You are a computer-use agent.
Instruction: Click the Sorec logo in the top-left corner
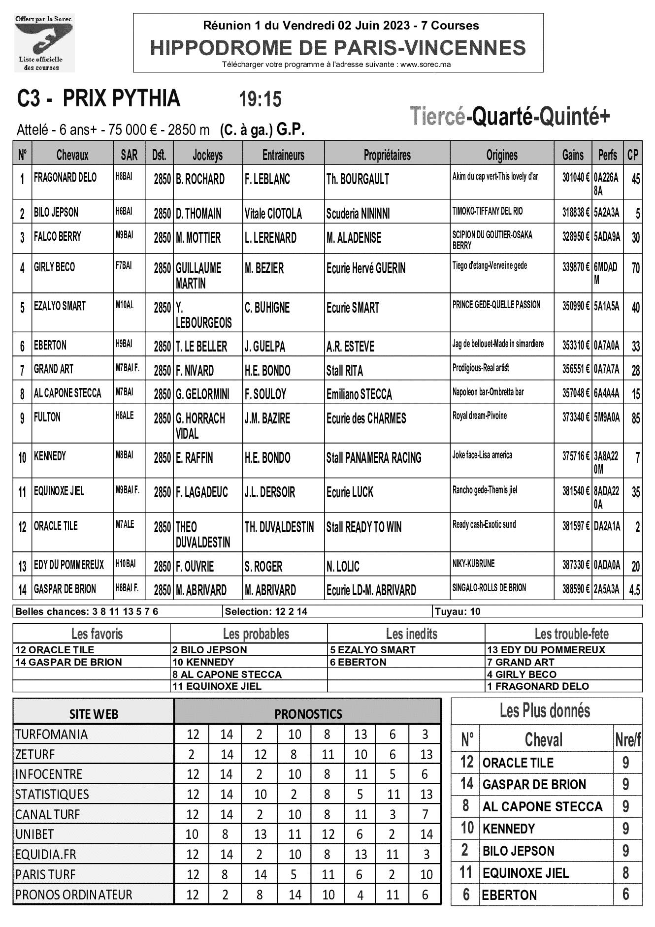[x=45, y=43]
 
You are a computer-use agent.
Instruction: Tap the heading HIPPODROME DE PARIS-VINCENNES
[x=338, y=48]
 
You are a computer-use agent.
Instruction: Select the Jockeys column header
[x=207, y=155]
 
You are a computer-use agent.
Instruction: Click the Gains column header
[x=573, y=155]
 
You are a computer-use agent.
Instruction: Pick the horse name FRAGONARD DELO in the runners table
[x=65, y=178]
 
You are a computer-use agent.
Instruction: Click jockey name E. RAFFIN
[x=195, y=458]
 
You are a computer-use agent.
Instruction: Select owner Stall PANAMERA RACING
[x=374, y=458]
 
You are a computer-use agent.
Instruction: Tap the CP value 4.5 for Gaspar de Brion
[x=635, y=590]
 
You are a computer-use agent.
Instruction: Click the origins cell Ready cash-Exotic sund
[x=484, y=524]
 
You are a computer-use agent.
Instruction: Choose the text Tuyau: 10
[x=457, y=611]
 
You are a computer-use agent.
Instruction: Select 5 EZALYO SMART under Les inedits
[x=373, y=650]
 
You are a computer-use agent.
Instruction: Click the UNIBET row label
[x=34, y=834]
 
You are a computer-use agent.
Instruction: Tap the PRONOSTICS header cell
[x=308, y=714]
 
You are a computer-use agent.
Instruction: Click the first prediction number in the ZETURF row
[x=192, y=754]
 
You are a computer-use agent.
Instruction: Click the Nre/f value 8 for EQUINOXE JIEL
[x=625, y=873]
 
